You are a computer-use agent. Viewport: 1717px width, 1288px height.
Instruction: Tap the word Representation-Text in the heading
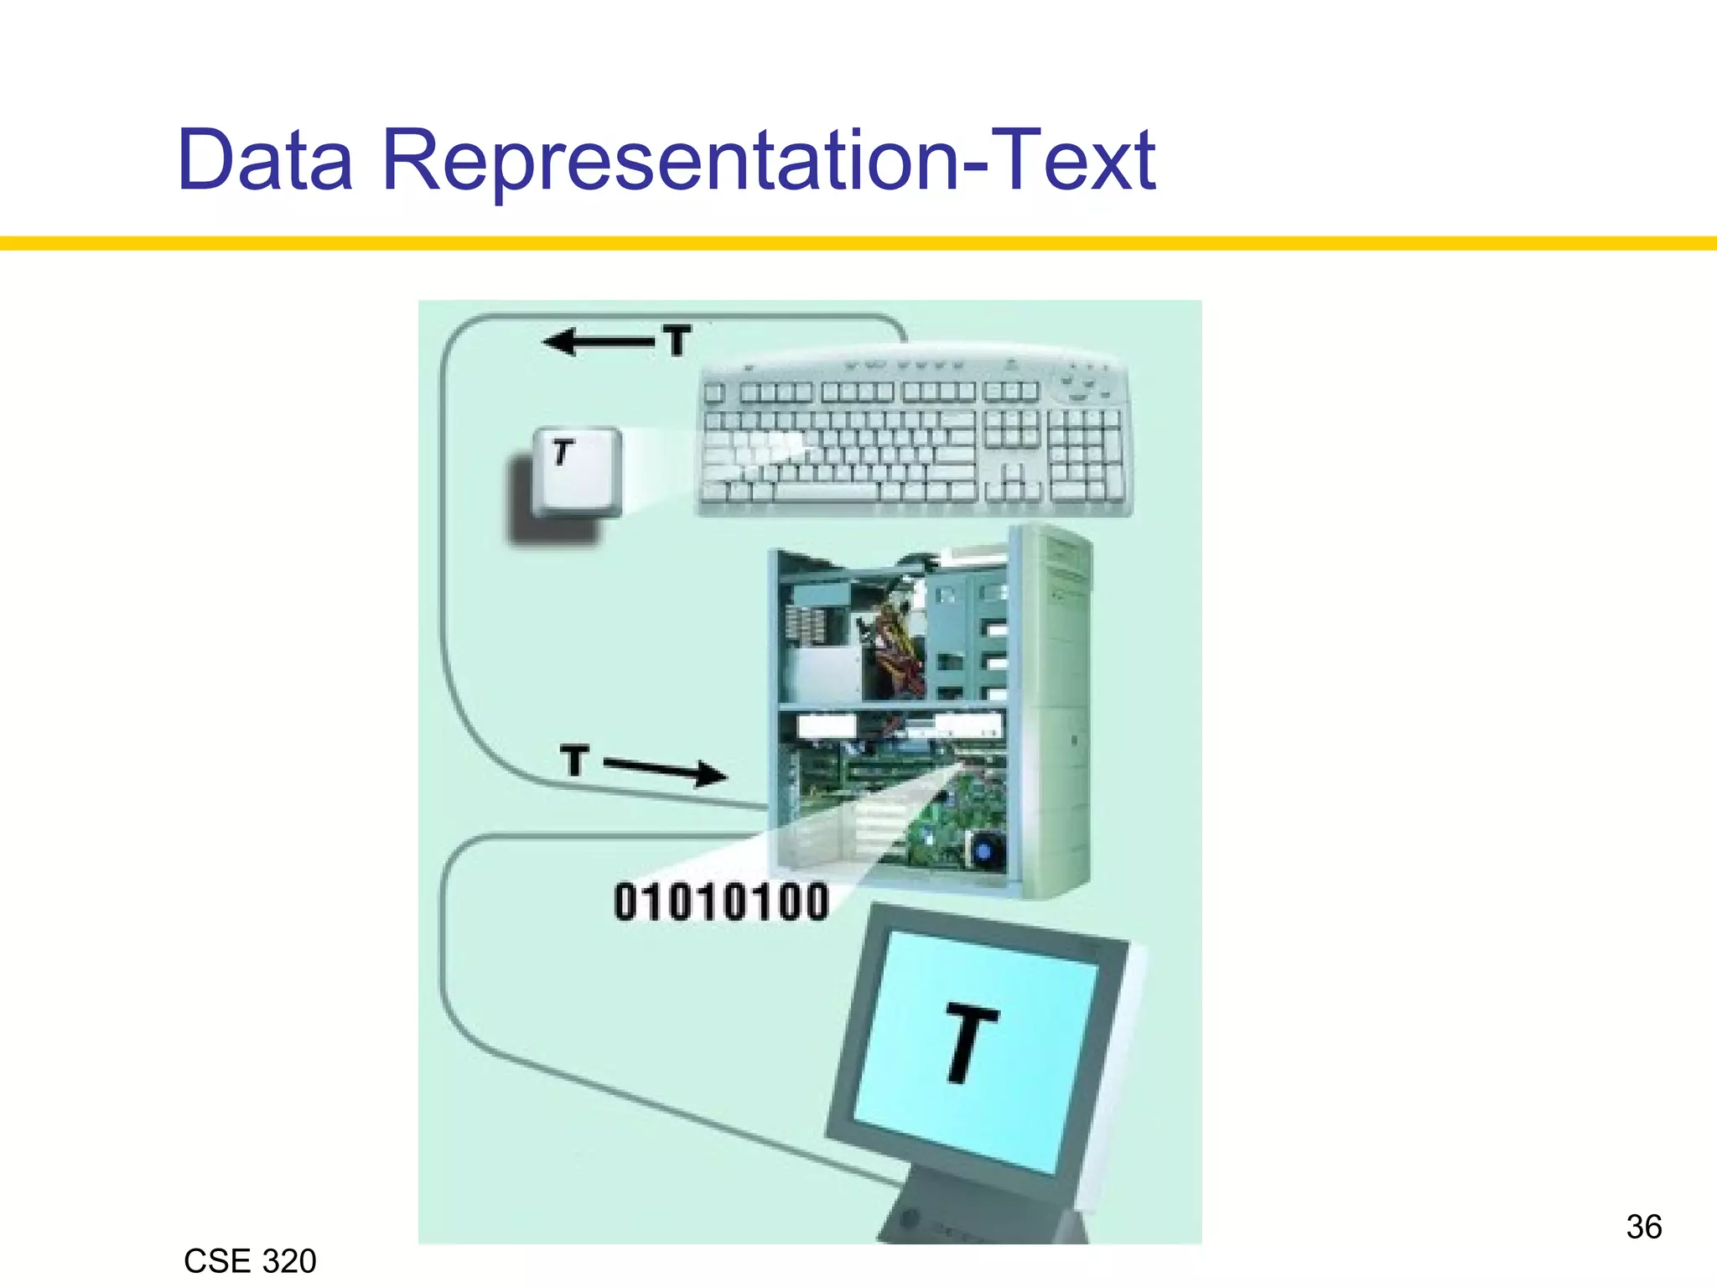(x=768, y=161)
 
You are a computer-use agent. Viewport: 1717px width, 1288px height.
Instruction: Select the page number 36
(x=1643, y=1227)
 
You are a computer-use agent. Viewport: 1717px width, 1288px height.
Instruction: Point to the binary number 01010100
(x=721, y=903)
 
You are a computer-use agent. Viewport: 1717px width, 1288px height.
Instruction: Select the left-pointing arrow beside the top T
(x=597, y=341)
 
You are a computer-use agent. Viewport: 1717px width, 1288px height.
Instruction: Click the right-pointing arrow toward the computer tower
(x=666, y=769)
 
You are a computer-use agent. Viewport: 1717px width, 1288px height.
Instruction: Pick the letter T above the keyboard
(x=677, y=340)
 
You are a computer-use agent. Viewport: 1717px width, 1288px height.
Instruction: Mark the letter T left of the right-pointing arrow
(x=574, y=761)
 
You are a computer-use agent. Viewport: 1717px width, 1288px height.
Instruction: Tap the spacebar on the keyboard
(x=826, y=491)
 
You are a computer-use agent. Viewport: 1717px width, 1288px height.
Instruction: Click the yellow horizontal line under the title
(x=858, y=243)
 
